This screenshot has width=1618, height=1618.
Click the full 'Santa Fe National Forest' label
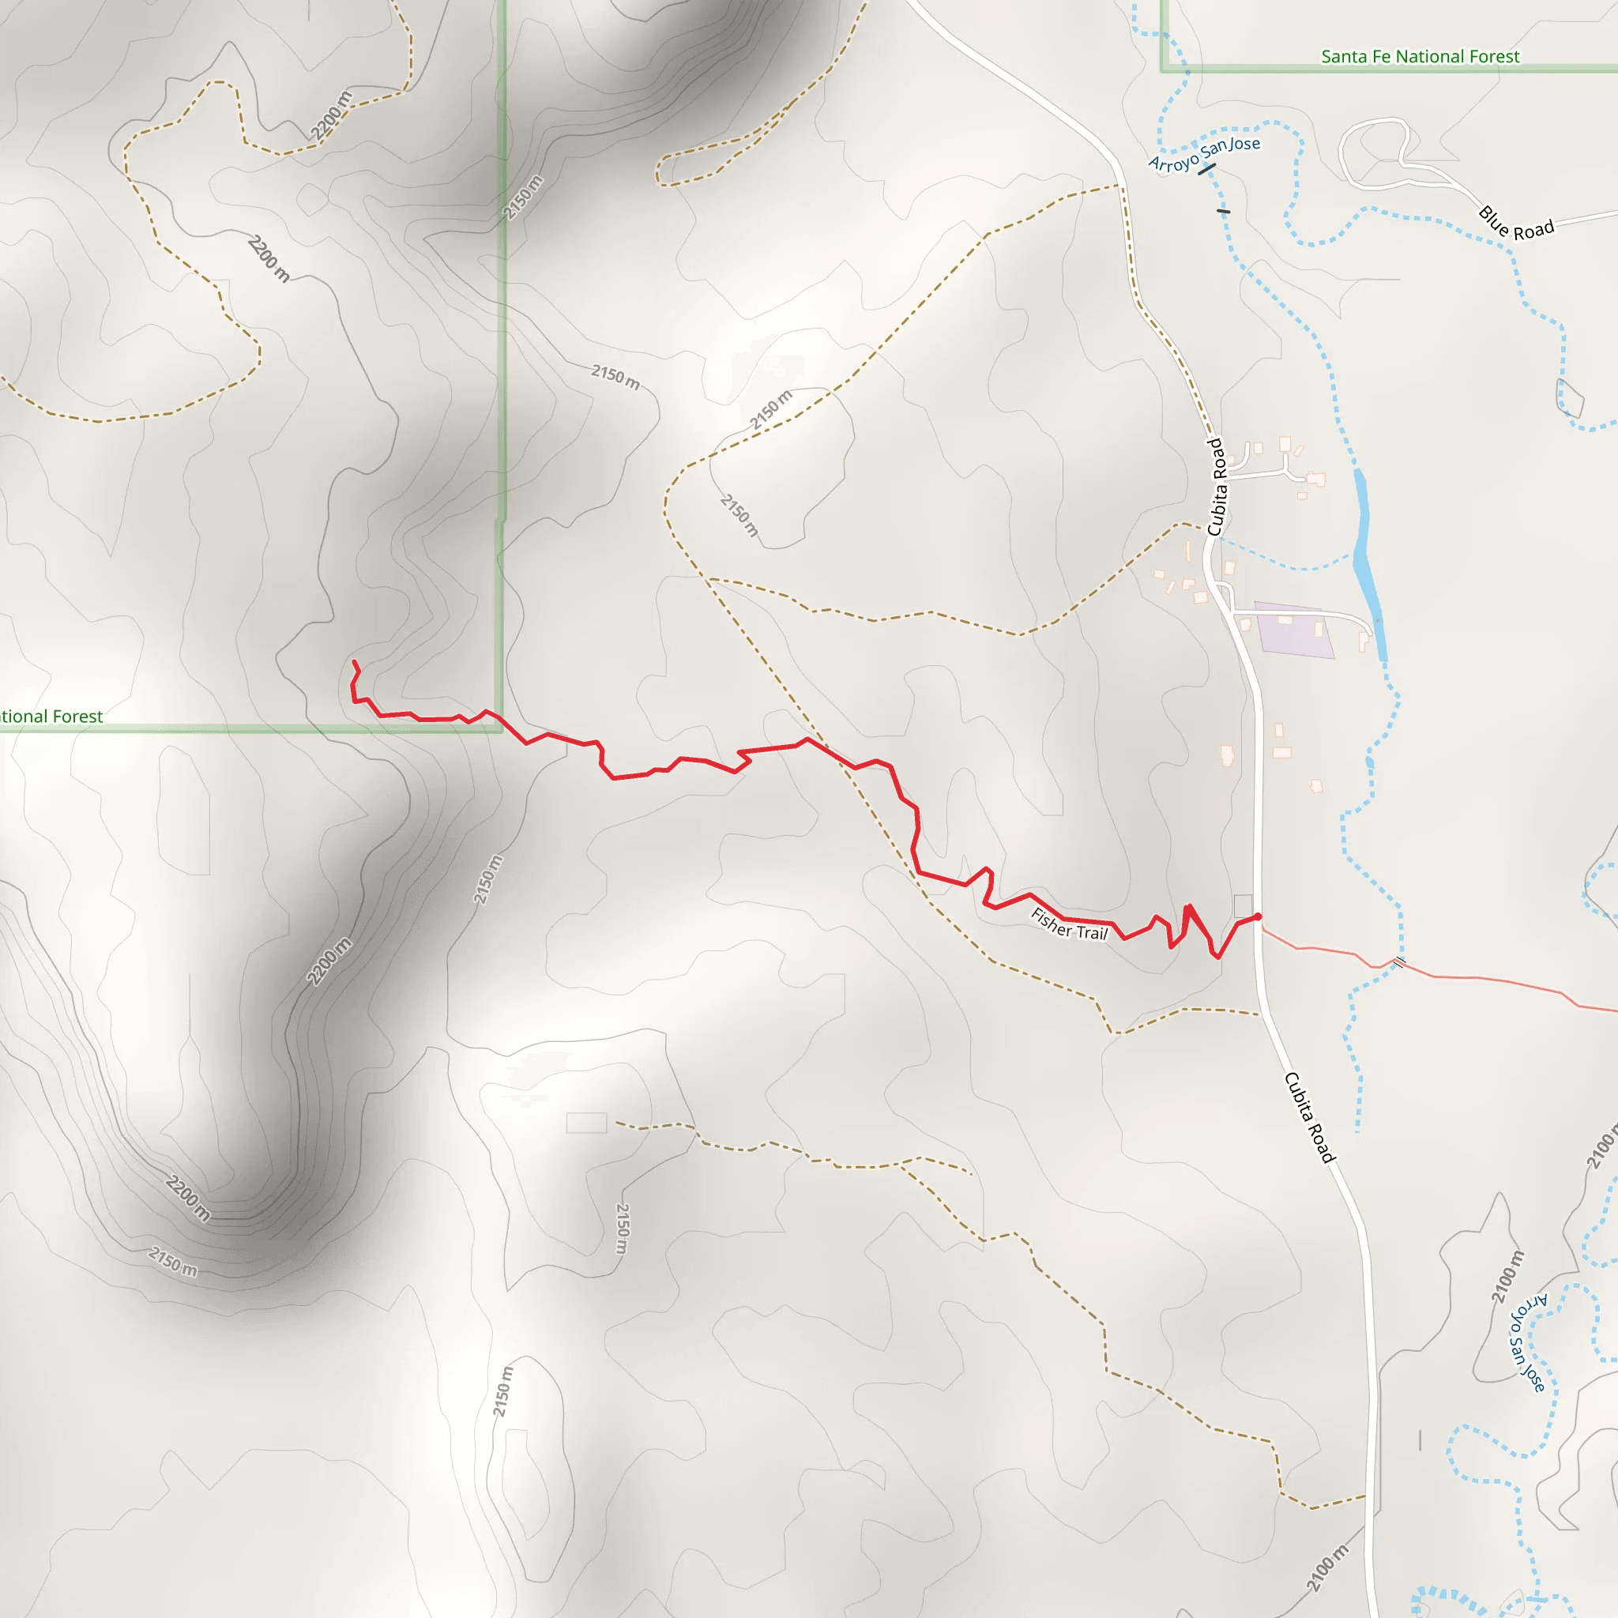[1420, 57]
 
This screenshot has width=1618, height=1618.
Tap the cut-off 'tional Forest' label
[51, 717]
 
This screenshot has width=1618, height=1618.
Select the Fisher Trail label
[1069, 924]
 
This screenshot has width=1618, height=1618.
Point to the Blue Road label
[1516, 223]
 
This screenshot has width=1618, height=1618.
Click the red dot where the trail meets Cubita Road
[1257, 917]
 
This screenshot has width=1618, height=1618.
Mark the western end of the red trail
[354, 662]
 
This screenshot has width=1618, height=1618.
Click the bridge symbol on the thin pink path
[1398, 961]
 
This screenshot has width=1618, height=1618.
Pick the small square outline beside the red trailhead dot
[1243, 905]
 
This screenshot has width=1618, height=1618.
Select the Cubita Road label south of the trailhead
[1309, 1117]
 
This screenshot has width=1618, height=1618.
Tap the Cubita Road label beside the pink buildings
[1216, 487]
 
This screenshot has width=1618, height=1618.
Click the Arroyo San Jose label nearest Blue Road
[1203, 154]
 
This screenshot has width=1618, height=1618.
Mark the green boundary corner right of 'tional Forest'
[501, 729]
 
